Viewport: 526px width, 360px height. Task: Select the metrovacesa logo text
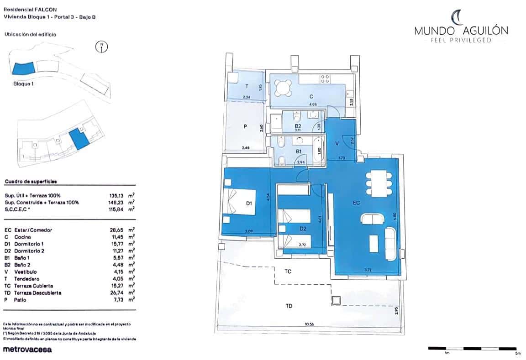27,350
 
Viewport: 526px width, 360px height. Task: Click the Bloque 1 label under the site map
24,84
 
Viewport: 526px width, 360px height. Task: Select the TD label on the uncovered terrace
289,306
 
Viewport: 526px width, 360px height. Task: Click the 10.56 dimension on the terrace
311,324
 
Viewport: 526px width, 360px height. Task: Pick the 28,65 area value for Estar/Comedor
111,230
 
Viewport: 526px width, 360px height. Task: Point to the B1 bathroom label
299,151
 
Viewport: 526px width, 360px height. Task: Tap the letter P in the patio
245,127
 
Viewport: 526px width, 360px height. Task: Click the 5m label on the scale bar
517,353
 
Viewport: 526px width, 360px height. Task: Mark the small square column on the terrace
337,301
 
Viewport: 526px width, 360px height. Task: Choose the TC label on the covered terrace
288,271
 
